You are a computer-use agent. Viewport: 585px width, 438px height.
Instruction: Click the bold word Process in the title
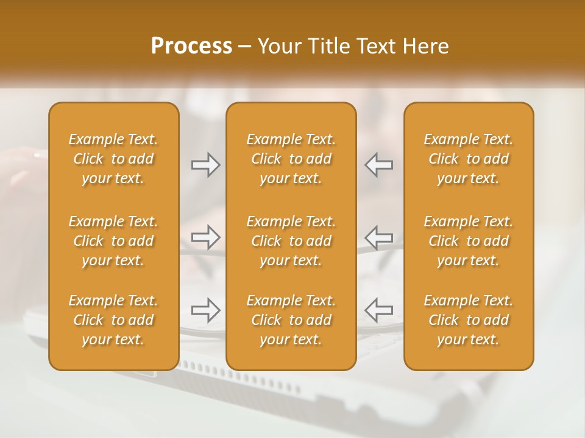(x=191, y=46)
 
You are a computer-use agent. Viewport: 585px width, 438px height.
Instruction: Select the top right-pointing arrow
(x=206, y=165)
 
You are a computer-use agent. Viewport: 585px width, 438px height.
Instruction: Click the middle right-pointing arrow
(x=206, y=237)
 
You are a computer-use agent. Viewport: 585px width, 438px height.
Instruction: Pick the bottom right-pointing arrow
(x=206, y=310)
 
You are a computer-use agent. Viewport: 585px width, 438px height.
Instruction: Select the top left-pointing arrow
(x=379, y=165)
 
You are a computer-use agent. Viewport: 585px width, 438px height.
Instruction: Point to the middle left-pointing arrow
(x=379, y=237)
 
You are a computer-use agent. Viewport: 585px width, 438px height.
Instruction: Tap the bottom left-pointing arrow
(x=379, y=310)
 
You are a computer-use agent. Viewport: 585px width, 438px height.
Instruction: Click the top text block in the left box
(x=113, y=159)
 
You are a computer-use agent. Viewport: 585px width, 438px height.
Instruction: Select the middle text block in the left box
(x=113, y=241)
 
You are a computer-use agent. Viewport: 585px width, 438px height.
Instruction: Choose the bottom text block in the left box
(x=113, y=320)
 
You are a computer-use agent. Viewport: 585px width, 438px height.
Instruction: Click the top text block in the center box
(x=291, y=159)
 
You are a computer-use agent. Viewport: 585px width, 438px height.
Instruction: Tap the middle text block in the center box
(x=291, y=241)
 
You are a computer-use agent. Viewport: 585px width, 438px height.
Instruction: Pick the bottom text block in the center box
(x=291, y=320)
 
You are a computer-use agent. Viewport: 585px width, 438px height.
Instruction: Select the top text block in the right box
(x=469, y=159)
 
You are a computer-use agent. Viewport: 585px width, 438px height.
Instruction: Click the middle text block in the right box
(x=469, y=241)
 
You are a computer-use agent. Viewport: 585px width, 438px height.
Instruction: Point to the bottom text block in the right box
(x=469, y=320)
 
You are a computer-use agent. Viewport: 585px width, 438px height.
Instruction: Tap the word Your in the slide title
(x=278, y=46)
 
